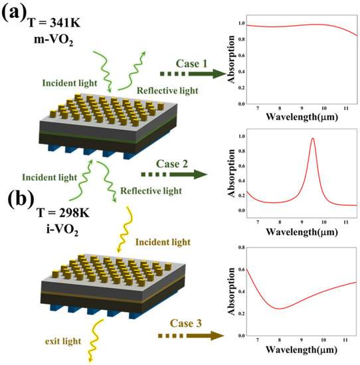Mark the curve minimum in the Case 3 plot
[279, 309]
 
